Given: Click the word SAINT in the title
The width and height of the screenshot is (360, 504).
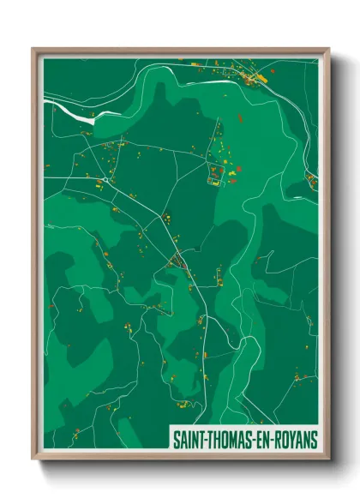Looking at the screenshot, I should coord(190,440).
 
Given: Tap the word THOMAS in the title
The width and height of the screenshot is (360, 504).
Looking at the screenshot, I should coord(228,440).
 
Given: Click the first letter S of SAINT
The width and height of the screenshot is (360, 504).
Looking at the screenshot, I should coord(177,440).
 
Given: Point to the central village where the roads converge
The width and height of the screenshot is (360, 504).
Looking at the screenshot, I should coord(178,260).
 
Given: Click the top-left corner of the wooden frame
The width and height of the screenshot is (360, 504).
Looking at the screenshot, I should coord(33,49).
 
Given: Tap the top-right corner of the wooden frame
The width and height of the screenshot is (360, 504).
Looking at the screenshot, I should coord(328,49).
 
